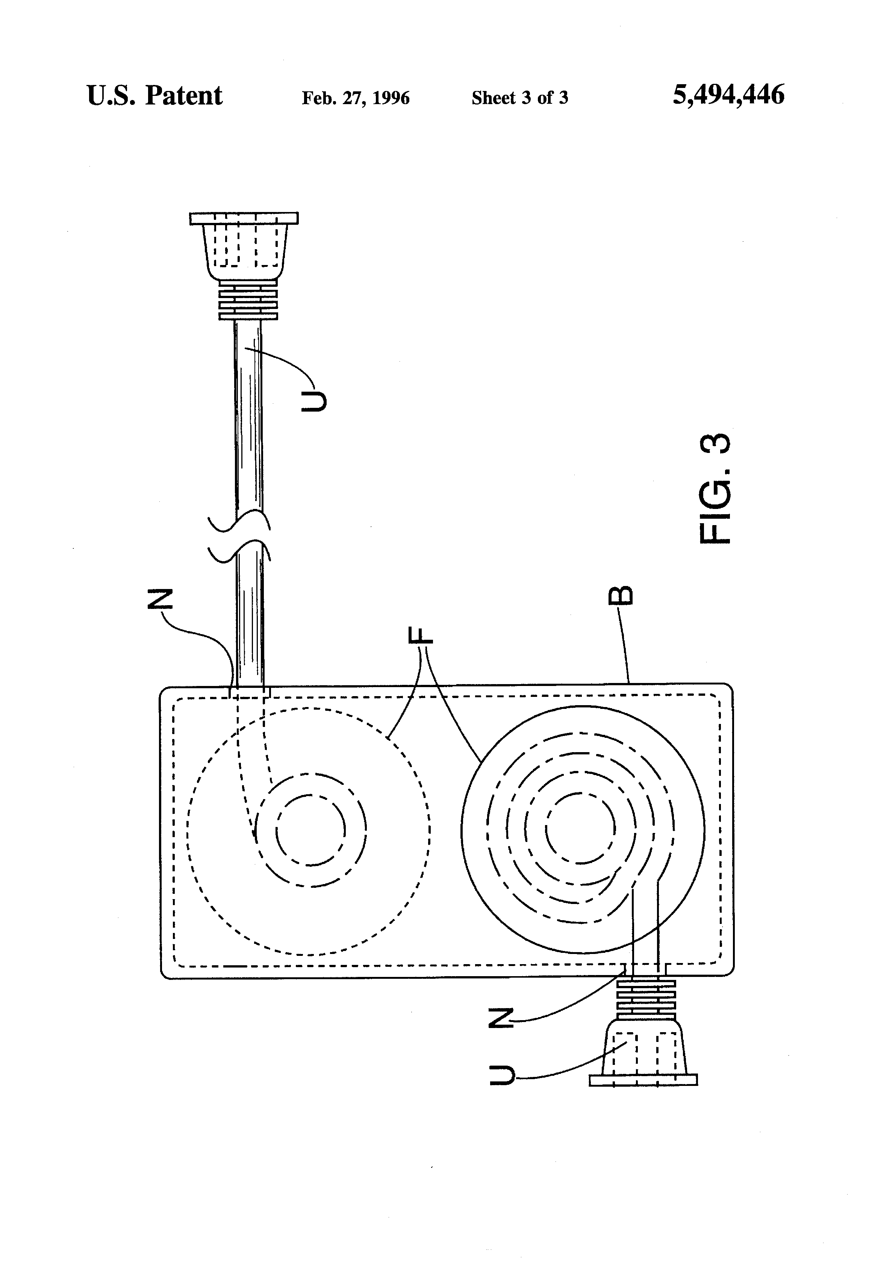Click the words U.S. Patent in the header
154,96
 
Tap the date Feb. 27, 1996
356,98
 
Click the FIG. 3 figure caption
716,489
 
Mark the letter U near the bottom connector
502,1075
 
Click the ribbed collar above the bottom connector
645,998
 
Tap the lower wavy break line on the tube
239,553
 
